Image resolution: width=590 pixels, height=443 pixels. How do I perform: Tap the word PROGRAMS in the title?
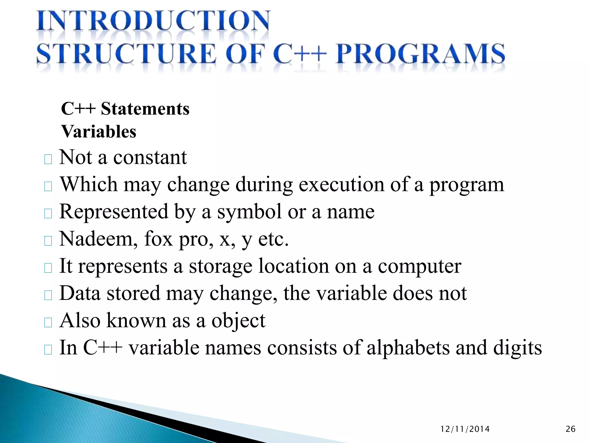[x=420, y=54]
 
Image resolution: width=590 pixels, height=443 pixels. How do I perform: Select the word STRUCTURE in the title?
[x=126, y=54]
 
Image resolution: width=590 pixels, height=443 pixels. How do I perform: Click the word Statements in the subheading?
[x=145, y=109]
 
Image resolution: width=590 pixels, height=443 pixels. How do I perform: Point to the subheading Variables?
[x=99, y=132]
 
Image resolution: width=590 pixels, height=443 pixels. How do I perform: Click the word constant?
[x=150, y=157]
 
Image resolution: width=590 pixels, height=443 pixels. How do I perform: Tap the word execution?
[x=341, y=184]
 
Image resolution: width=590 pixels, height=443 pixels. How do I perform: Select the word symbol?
[x=249, y=211]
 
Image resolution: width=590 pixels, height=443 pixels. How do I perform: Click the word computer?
[x=419, y=266]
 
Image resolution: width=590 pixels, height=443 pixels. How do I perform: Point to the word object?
[x=238, y=321]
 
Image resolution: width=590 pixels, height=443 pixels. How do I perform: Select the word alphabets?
[x=408, y=348]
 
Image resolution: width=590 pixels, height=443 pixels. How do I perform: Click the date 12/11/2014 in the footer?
[x=465, y=429]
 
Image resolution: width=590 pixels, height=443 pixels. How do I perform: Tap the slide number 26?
[x=571, y=429]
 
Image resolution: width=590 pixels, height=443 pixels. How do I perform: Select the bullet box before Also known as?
[x=48, y=322]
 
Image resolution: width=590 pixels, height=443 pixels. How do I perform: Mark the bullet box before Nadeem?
[x=48, y=241]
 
